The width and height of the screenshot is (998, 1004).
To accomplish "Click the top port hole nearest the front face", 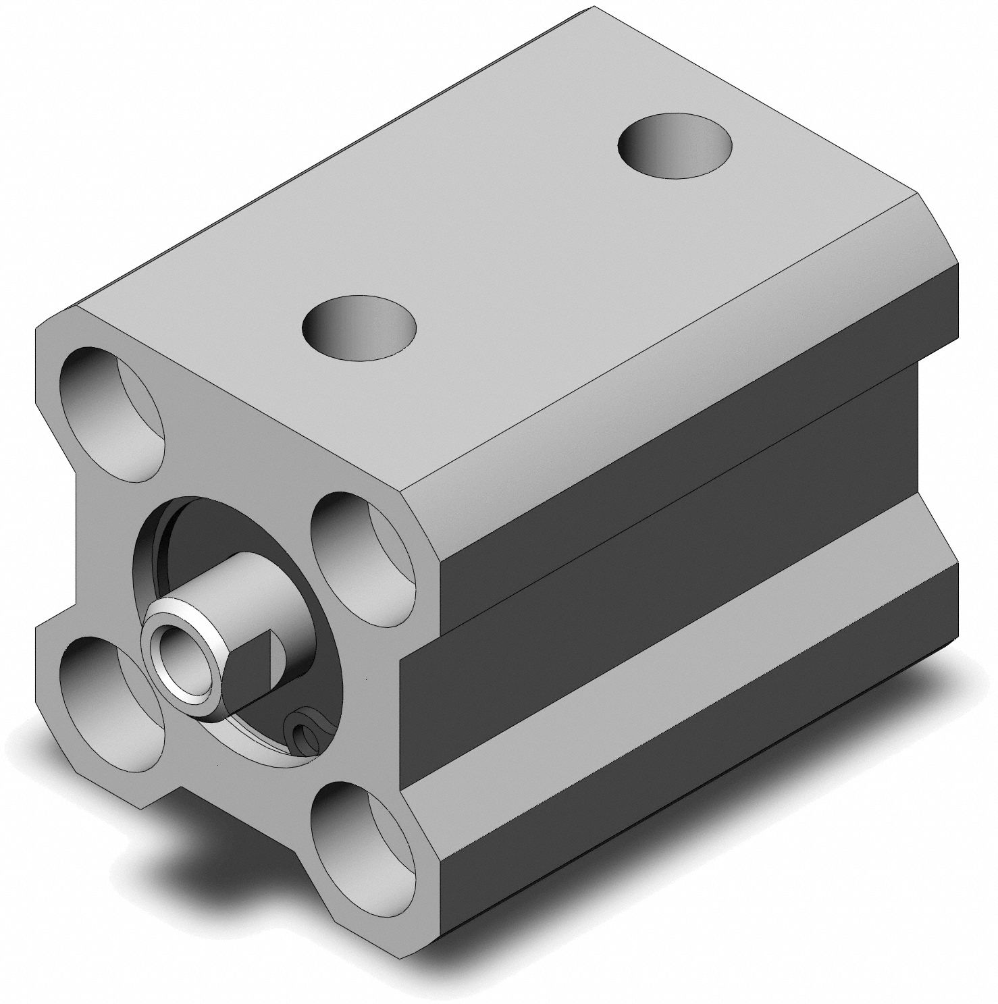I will (x=359, y=328).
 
